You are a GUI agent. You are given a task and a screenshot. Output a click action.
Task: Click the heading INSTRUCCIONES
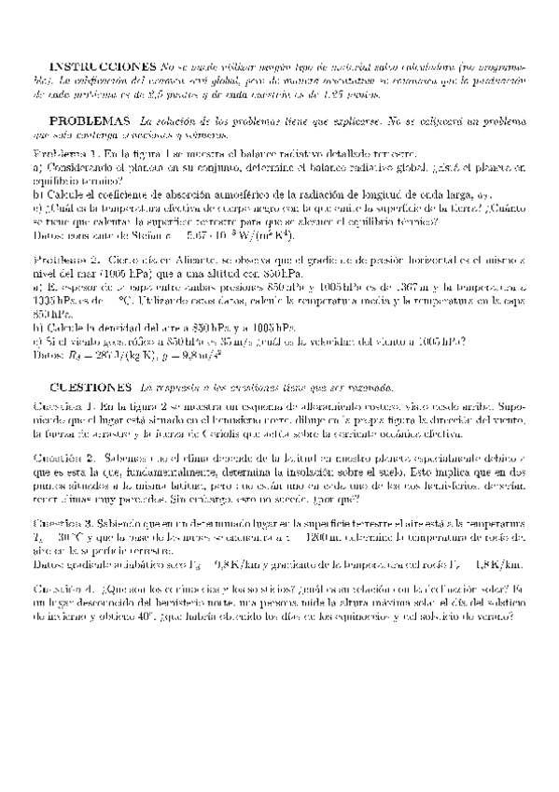102,69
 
